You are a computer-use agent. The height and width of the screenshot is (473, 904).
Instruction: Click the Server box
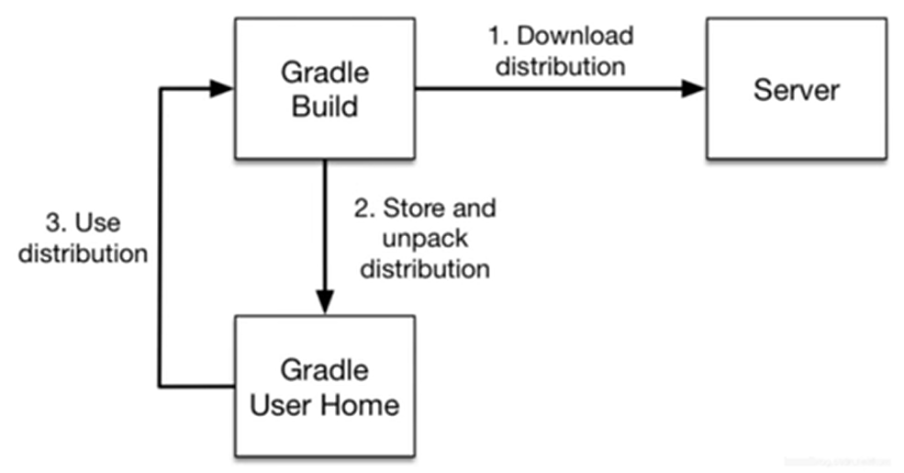coord(796,90)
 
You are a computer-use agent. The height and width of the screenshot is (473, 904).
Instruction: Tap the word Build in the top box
coord(324,107)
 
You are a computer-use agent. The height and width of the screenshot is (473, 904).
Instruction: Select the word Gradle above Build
coord(324,73)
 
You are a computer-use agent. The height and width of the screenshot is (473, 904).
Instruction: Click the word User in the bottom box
coord(283,404)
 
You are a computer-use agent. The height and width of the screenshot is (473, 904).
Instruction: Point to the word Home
coord(359,404)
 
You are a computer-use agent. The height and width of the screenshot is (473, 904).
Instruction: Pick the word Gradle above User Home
coord(324,371)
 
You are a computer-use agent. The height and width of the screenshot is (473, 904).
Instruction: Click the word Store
coord(412,208)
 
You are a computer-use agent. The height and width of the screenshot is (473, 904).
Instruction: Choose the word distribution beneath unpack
coord(424,269)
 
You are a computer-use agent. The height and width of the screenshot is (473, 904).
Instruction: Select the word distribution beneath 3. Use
coord(84,253)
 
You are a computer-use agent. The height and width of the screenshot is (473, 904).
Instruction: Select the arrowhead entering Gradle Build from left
coord(222,89)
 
